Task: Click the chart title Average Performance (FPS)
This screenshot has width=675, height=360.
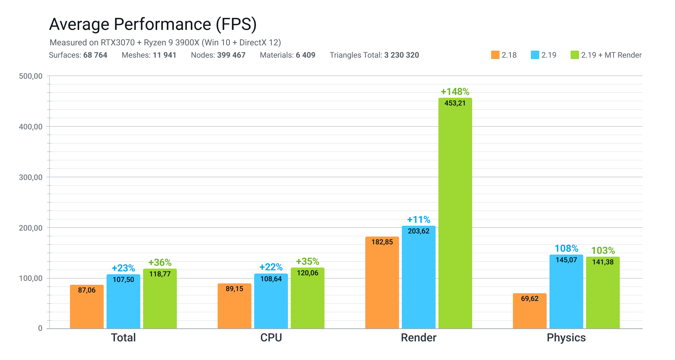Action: click(153, 24)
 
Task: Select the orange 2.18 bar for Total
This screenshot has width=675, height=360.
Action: click(87, 308)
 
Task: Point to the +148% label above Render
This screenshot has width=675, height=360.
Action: click(455, 92)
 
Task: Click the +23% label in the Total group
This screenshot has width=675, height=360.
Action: click(123, 268)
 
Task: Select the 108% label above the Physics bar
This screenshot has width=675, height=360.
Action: click(566, 249)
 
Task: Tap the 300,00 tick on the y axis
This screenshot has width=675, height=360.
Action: click(31, 178)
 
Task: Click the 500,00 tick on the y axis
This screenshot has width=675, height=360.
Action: click(31, 76)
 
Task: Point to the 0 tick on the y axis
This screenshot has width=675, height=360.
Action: click(40, 328)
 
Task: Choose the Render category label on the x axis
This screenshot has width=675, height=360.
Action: click(418, 338)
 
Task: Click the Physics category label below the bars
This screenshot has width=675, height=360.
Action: click(566, 338)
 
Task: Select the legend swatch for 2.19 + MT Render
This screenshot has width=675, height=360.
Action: click(574, 55)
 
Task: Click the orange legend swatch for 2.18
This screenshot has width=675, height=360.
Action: click(495, 55)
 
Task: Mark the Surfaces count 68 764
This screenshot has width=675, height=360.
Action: click(95, 55)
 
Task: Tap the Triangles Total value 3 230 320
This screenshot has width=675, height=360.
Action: click(401, 55)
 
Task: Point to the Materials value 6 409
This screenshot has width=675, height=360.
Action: click(306, 55)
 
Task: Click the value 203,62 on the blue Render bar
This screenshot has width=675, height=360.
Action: click(418, 231)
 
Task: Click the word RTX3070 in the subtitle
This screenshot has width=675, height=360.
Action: click(118, 43)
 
